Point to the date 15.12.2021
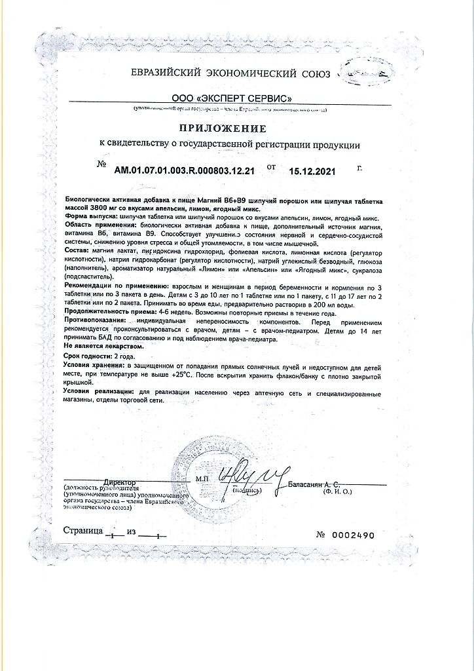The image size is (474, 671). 312,172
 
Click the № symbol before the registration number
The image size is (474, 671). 101,164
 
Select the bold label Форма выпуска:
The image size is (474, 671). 91,216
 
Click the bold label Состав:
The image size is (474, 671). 77,251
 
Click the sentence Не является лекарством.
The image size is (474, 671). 103,345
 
